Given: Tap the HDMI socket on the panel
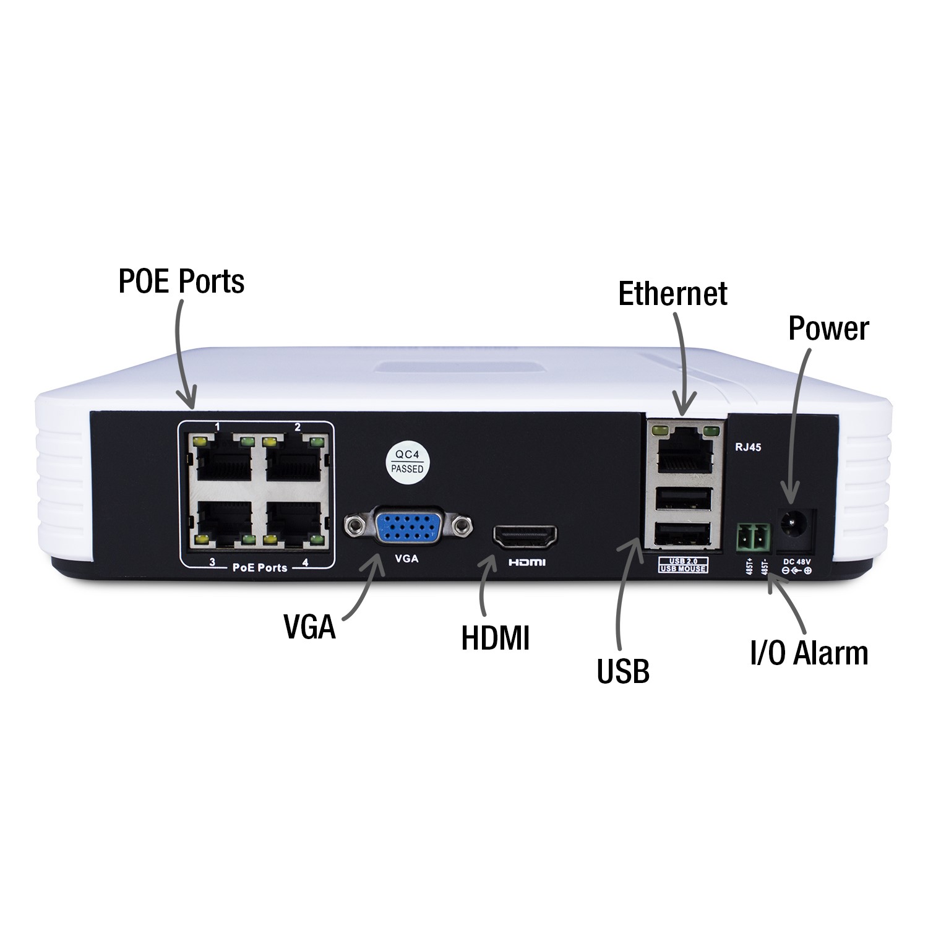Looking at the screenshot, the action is pyautogui.click(x=525, y=537).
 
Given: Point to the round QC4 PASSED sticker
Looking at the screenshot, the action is pyautogui.click(x=408, y=462).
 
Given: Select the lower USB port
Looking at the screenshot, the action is pyautogui.click(x=684, y=534).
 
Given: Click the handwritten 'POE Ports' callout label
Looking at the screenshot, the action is pyautogui.click(x=181, y=281).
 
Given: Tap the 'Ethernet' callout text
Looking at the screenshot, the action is pyautogui.click(x=672, y=293).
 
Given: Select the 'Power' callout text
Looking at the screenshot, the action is pyautogui.click(x=828, y=329).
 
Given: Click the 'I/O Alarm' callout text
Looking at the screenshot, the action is pyautogui.click(x=809, y=653).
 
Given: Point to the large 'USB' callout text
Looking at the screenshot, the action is pyautogui.click(x=623, y=671).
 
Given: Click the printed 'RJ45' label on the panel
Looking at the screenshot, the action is pyautogui.click(x=748, y=447).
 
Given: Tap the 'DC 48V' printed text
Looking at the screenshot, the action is pyautogui.click(x=797, y=561).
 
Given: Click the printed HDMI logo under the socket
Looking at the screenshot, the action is pyautogui.click(x=526, y=562).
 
